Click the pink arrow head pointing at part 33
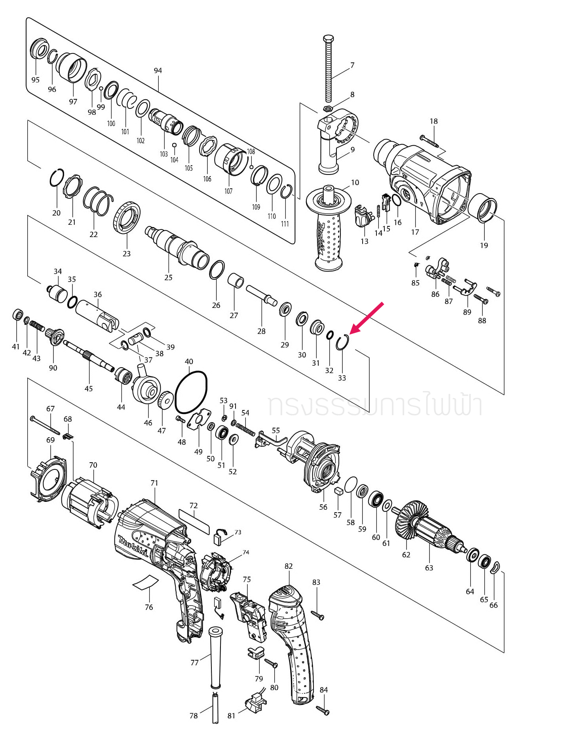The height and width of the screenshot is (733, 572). (352, 331)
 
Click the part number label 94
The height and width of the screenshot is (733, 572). (158, 70)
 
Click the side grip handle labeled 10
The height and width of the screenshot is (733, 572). (329, 230)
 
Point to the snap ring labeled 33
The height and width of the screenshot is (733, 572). (342, 342)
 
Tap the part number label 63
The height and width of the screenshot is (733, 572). (429, 568)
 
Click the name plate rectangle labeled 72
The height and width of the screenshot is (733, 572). (194, 522)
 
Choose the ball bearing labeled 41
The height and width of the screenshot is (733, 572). (17, 315)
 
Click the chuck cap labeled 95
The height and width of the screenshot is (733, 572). (39, 49)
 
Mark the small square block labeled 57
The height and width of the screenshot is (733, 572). (338, 491)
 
